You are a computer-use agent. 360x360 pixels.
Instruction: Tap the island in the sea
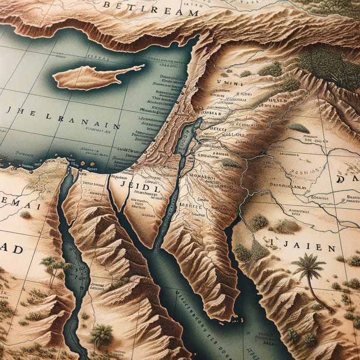click(95, 76)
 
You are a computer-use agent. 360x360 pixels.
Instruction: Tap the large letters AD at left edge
click(10, 249)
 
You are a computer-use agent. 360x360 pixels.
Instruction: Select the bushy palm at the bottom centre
click(100, 334)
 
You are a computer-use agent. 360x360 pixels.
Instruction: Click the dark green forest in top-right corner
click(329, 62)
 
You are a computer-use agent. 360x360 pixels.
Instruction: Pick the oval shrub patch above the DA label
click(298, 127)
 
